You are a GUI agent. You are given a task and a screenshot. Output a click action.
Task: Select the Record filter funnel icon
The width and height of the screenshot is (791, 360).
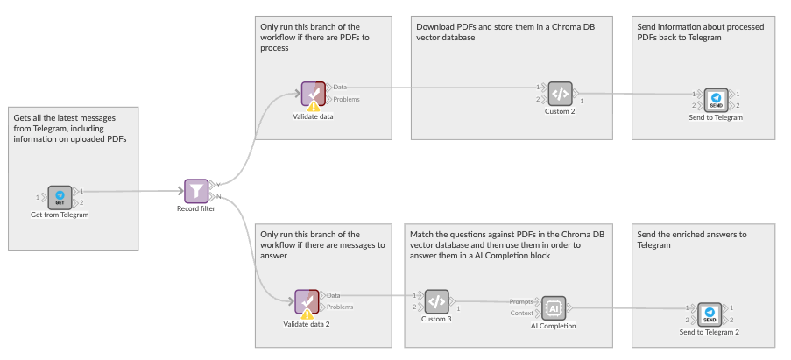(x=196, y=190)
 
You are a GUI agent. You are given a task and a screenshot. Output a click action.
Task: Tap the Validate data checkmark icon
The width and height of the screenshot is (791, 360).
(x=312, y=93)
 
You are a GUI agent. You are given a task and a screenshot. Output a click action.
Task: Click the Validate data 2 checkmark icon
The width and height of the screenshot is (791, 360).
(x=306, y=301)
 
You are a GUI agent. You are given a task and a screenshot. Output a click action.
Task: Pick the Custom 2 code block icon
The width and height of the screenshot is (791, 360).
(x=560, y=93)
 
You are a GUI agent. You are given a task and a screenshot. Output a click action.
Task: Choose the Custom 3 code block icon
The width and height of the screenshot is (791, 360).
(x=436, y=301)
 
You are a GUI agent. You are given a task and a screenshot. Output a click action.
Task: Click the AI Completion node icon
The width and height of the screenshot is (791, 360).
(x=553, y=307)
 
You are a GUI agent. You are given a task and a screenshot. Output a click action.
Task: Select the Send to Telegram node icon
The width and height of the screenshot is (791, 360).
(x=716, y=99)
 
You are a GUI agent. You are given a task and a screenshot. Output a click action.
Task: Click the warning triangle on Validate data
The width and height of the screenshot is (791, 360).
(x=314, y=105)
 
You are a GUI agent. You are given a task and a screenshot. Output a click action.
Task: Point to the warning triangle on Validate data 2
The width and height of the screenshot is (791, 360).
(x=307, y=314)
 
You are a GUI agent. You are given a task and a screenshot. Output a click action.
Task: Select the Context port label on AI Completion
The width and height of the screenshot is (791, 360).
(x=522, y=313)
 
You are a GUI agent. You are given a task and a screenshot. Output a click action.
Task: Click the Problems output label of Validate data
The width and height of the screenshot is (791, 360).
(x=346, y=99)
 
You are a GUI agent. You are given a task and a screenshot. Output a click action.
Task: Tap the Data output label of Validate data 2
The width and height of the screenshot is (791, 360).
(x=334, y=296)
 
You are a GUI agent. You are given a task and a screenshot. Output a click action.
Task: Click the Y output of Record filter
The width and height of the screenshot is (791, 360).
(x=217, y=185)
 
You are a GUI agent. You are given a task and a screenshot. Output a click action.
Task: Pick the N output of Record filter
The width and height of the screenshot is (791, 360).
(x=217, y=196)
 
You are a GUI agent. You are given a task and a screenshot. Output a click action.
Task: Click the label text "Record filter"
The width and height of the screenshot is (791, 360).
(x=196, y=208)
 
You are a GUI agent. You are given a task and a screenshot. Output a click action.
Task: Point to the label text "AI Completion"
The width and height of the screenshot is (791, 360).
(x=553, y=326)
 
